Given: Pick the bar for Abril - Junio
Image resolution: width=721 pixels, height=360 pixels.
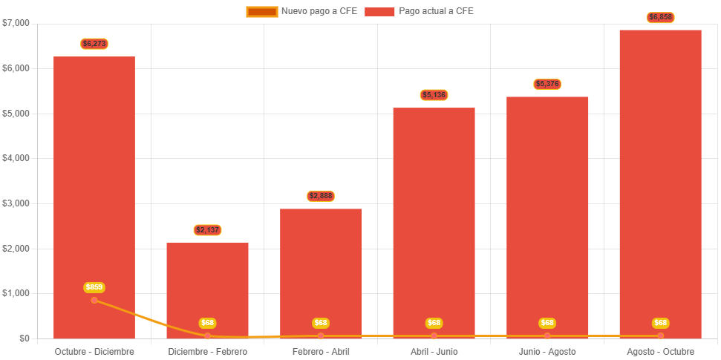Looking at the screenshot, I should [x=434, y=223].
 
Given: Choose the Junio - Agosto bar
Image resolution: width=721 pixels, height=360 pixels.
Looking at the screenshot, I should [x=547, y=215].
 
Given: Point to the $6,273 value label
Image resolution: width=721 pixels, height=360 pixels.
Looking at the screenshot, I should [x=94, y=44].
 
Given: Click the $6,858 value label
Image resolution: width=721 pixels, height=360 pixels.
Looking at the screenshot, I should [x=660, y=17].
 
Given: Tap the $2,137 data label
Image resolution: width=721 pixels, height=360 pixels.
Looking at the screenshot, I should [x=207, y=230].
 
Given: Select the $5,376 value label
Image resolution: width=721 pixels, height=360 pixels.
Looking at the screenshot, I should [x=547, y=84].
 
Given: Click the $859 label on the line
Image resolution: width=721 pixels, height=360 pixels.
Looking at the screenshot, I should [x=94, y=287].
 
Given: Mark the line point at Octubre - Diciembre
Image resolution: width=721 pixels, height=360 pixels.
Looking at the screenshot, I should [x=94, y=300].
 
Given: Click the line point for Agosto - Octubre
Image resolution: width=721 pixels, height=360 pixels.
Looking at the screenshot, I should [x=660, y=336].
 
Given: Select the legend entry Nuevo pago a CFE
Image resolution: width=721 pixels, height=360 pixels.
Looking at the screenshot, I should [x=301, y=11].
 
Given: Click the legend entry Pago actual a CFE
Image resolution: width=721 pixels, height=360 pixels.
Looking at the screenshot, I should [x=420, y=11].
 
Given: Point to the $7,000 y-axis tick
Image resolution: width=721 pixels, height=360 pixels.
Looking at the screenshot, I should [x=16, y=23].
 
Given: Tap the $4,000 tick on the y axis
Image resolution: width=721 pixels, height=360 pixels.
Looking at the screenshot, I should [x=16, y=158].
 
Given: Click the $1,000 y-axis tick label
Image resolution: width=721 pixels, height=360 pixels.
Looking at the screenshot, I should [x=16, y=293].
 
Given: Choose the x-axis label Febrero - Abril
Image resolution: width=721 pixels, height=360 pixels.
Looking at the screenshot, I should [x=321, y=351].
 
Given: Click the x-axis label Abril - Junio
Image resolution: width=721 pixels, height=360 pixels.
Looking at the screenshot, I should [x=434, y=351].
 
